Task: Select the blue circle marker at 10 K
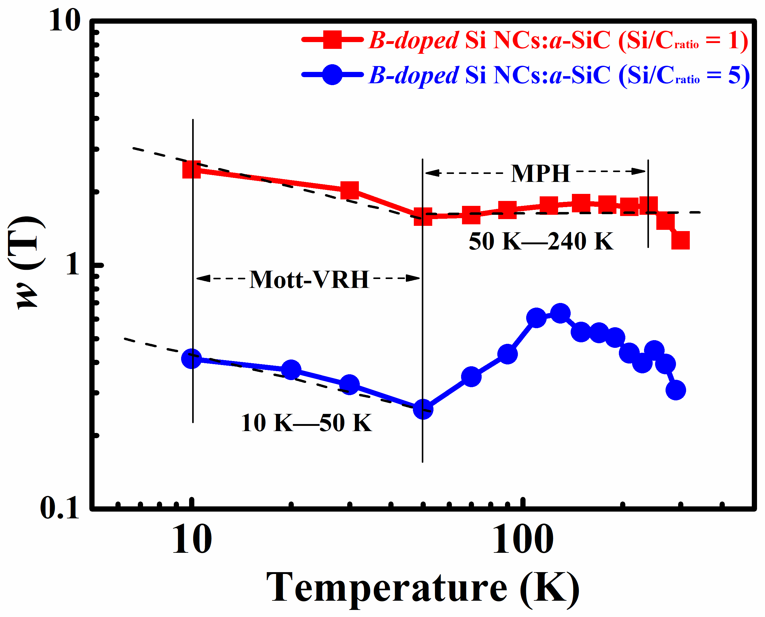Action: click(x=192, y=359)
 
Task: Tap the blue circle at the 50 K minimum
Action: click(x=423, y=409)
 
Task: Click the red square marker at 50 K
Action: click(x=423, y=216)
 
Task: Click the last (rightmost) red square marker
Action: click(x=681, y=240)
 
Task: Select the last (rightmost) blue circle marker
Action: click(x=676, y=390)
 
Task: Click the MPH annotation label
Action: click(x=540, y=174)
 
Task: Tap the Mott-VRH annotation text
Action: click(x=309, y=280)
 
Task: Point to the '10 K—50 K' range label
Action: click(x=306, y=423)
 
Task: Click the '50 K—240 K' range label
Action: click(x=541, y=241)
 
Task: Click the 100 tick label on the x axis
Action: click(x=522, y=540)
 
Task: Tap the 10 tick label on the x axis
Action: click(x=192, y=540)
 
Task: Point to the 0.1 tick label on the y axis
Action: click(x=60, y=508)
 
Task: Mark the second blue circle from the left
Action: click(x=291, y=370)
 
